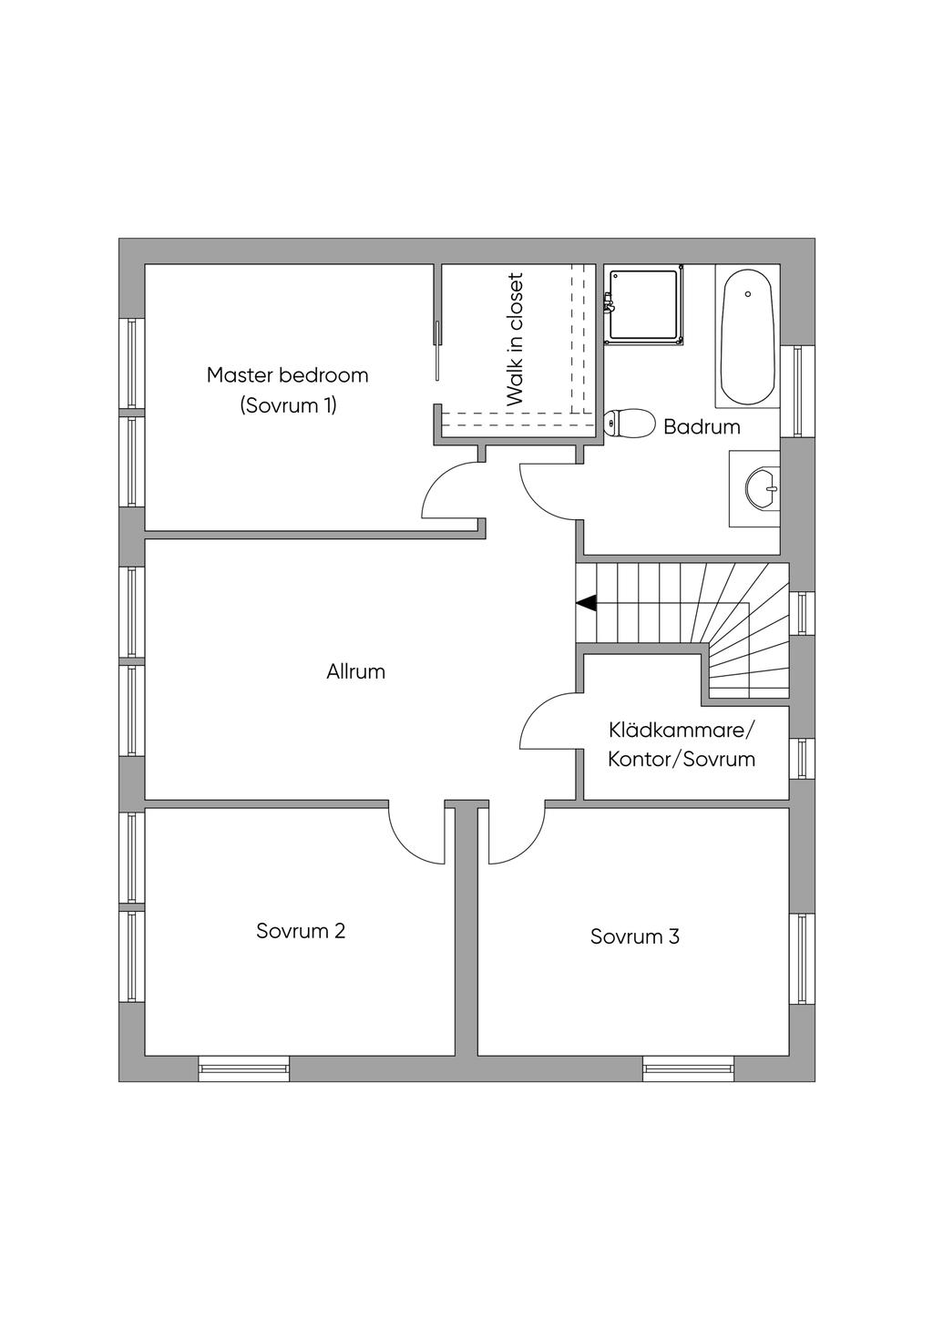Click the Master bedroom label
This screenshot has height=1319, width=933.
287,375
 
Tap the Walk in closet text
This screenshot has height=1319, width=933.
514,339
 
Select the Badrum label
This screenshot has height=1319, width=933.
702,427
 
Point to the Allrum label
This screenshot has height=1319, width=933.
355,672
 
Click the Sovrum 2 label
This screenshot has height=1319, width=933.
301,931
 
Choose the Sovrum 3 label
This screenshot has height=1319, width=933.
635,936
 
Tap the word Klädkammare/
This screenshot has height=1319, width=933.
682,731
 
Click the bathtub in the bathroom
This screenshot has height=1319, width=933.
748,337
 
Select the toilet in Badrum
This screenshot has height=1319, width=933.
629,423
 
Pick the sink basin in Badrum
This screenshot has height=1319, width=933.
763,488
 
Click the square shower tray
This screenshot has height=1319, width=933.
644,305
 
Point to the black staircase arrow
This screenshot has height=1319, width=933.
587,604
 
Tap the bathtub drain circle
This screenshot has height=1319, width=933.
748,294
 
